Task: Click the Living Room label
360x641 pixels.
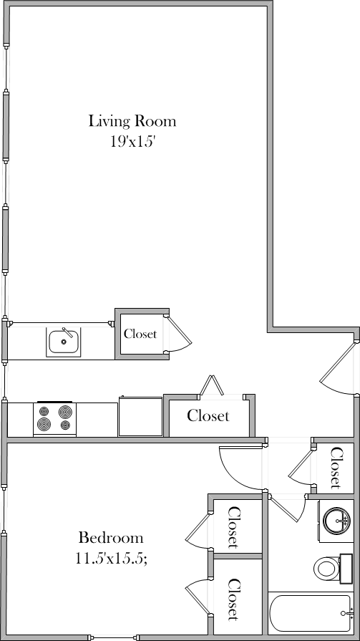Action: (132, 120)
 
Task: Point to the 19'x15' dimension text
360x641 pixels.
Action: (132, 142)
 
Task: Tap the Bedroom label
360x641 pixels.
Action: (111, 537)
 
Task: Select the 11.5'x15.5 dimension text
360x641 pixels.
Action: (112, 559)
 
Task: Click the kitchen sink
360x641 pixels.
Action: (64, 342)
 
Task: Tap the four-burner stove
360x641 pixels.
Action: (54, 418)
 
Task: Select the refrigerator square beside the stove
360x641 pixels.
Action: (140, 417)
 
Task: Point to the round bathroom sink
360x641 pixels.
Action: (335, 519)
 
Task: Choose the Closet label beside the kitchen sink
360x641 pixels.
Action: (140, 334)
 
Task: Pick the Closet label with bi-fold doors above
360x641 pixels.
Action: (208, 415)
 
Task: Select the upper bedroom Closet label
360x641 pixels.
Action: (234, 527)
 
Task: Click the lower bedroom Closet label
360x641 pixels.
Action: (233, 599)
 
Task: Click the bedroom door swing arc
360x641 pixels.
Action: (240, 469)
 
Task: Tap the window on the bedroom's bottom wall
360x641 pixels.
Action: (114, 637)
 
